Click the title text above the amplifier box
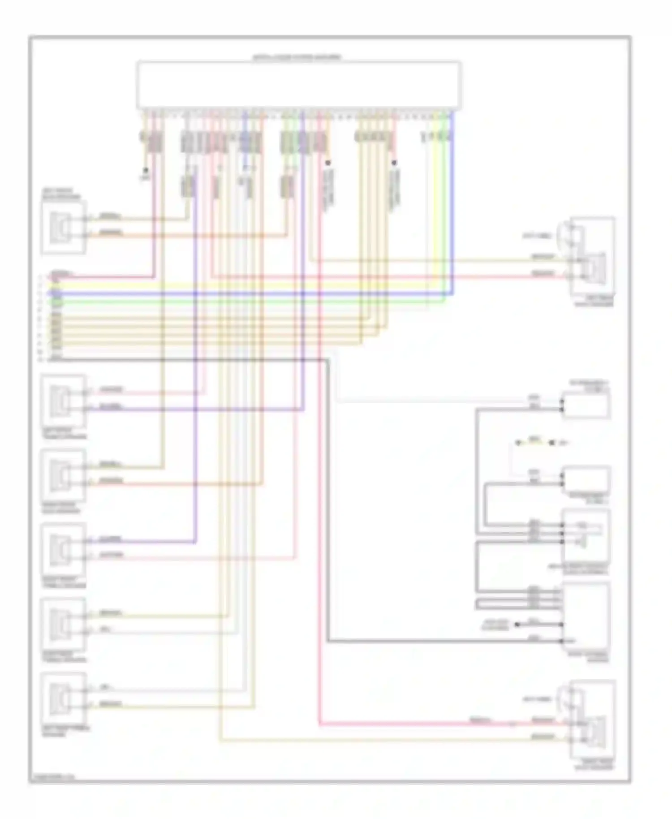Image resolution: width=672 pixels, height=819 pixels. (297, 57)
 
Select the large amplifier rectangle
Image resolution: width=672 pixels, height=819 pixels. (299, 85)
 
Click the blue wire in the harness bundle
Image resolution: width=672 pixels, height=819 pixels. (251, 294)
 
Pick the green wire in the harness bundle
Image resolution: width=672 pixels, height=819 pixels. (251, 302)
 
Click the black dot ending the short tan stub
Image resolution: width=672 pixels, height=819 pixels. (145, 171)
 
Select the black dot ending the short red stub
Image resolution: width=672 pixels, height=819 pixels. (394, 163)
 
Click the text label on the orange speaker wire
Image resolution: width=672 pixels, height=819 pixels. (110, 233)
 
